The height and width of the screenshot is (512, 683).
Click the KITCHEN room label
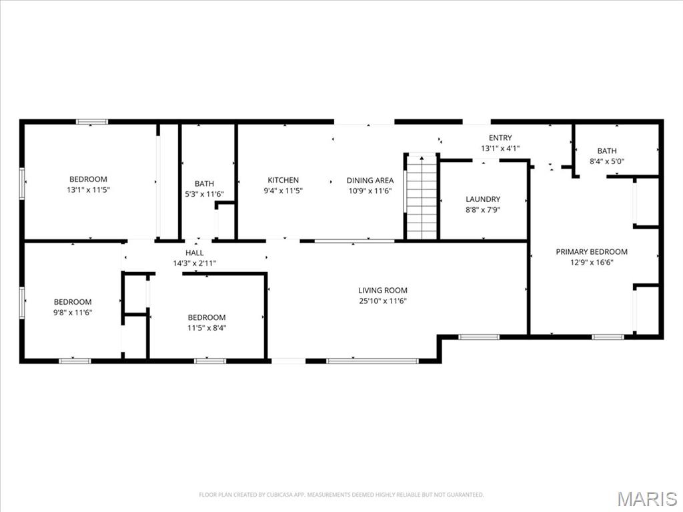coord(283,180)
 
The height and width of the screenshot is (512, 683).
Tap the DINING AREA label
coord(370,180)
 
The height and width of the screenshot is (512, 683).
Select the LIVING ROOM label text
coord(383,291)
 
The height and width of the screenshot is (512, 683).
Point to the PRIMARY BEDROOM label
coord(592,251)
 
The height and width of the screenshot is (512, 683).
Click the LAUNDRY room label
coord(483,199)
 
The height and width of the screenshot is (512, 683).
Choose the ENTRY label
coord(500,137)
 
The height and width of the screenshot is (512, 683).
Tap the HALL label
coord(194,253)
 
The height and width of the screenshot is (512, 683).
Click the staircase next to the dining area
coord(422,197)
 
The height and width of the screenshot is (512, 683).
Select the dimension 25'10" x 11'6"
coord(383,301)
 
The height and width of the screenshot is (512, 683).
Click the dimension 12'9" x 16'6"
coord(592,263)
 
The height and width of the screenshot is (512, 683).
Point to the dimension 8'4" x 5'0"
coord(607,161)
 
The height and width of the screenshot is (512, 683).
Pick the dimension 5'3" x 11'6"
coord(204,194)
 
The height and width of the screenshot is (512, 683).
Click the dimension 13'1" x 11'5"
coord(88,190)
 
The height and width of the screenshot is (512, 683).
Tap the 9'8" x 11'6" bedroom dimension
coord(73,312)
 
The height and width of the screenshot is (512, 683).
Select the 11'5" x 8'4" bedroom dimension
coord(207,328)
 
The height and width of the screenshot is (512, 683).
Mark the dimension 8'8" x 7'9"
coord(483,210)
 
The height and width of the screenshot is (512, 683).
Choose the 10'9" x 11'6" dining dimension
coord(370,191)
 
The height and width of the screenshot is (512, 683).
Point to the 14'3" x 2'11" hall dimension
coord(194,263)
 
